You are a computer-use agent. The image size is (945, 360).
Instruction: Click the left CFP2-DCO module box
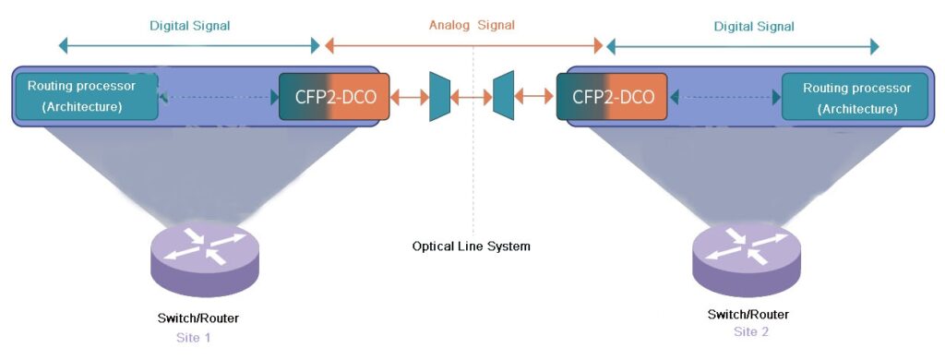(x=334, y=96)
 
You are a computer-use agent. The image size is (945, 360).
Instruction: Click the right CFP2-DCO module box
(x=614, y=96)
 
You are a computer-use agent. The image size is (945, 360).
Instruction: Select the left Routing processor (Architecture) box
(x=87, y=96)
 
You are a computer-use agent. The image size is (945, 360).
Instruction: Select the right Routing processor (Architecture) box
(x=856, y=97)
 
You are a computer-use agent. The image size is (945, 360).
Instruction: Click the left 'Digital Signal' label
(x=190, y=26)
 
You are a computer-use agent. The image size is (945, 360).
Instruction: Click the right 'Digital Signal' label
(x=754, y=27)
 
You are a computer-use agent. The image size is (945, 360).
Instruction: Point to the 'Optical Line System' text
(x=471, y=246)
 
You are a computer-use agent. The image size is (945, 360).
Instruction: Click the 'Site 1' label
(x=194, y=338)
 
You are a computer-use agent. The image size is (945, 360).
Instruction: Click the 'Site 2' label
(x=751, y=331)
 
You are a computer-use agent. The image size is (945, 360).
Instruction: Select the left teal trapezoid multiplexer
(x=439, y=95)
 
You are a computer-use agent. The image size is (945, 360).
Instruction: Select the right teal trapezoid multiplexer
(x=503, y=95)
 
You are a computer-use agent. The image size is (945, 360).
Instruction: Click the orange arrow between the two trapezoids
(x=472, y=95)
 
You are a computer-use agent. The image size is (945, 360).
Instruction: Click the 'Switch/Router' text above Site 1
(x=199, y=318)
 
